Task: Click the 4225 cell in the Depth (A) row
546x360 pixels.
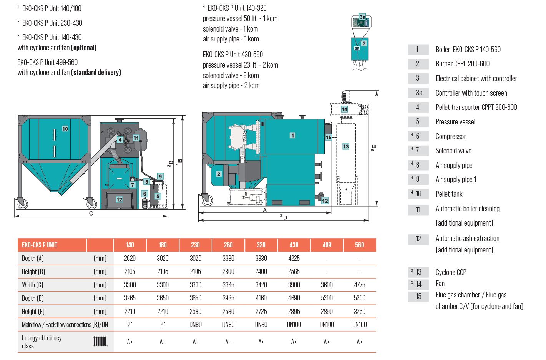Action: [294, 258]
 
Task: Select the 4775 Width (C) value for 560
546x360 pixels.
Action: [360, 285]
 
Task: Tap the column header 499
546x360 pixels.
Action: [327, 245]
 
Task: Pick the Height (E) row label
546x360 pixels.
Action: [33, 311]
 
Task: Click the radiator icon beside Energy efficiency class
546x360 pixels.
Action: [100, 341]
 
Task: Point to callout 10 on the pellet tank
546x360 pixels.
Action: [65, 129]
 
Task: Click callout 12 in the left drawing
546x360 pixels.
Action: [119, 200]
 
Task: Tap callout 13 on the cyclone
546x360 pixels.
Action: [346, 146]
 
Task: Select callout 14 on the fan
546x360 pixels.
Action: [344, 109]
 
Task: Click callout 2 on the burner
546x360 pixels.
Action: [219, 174]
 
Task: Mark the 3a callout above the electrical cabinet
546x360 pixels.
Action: [362, 17]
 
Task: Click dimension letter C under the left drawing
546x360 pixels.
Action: [91, 214]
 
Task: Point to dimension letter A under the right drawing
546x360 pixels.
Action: [265, 210]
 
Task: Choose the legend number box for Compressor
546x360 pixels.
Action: [418, 136]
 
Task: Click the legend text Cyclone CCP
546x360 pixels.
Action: [451, 272]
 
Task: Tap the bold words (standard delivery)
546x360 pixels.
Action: [96, 72]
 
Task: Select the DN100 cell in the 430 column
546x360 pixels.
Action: [294, 324]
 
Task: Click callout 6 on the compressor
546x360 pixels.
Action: [145, 194]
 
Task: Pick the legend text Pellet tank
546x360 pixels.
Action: [449, 194]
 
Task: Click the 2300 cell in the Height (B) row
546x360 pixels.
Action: [228, 272]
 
